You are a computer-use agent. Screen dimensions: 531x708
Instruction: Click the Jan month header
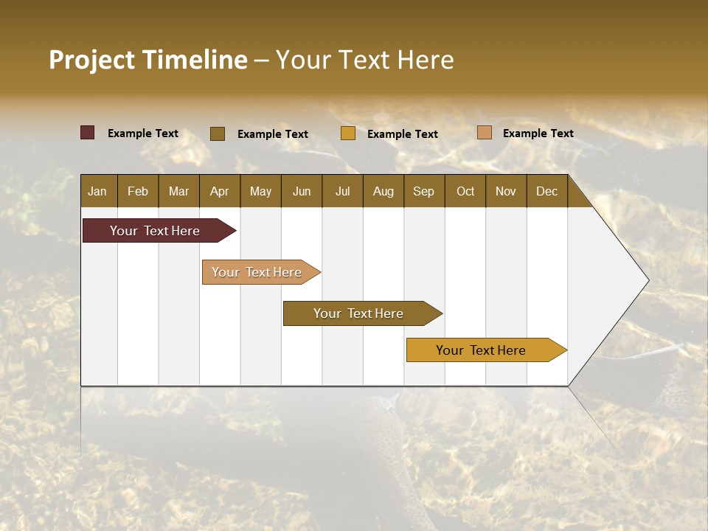coord(97,191)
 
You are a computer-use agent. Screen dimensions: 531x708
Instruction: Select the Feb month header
coord(138,191)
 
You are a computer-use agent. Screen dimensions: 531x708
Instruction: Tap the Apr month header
coord(219,191)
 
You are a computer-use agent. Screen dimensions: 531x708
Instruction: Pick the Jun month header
coord(302,191)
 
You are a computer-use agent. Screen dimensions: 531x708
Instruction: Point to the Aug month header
coord(383,191)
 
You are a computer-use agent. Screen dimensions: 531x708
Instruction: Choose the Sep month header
coord(423,191)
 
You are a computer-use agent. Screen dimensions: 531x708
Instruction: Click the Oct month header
coord(465,191)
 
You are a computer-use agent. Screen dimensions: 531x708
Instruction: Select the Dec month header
coord(546,191)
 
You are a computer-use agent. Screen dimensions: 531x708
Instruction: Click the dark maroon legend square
coord(88,133)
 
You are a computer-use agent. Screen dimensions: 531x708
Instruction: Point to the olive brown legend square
coord(218,133)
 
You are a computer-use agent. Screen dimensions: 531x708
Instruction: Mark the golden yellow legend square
coord(348,133)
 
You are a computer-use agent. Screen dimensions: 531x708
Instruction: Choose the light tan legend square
coord(485,133)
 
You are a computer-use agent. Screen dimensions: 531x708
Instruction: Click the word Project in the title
coord(91,60)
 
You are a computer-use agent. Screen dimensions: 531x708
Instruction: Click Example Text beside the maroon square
coord(143,133)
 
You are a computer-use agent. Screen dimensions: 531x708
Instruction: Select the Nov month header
coord(505,191)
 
